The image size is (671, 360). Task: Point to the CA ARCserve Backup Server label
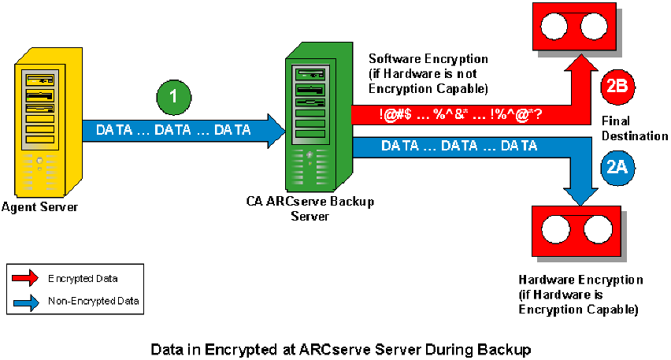(309, 208)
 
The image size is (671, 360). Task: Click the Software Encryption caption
(429, 72)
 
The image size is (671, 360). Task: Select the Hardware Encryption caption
(580, 295)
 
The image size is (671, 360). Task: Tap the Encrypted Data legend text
(76, 278)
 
